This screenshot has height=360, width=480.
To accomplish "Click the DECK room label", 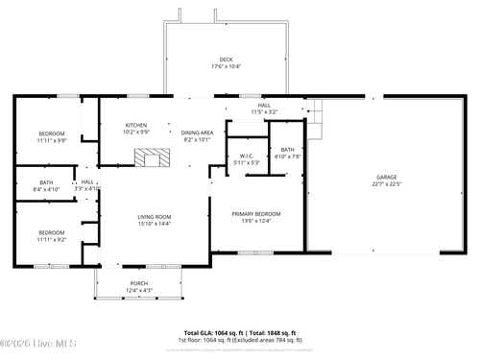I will (x=226, y=60).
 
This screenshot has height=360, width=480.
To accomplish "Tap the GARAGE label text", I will (x=386, y=177).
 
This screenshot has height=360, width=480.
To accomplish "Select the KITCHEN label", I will (x=138, y=126).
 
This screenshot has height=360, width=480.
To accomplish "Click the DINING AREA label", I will (x=197, y=132).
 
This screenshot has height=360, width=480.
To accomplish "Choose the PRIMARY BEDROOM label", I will (x=255, y=214).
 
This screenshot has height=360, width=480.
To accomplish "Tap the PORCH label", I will (x=139, y=284).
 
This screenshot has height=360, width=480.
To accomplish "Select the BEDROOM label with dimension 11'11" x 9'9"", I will (x=52, y=133).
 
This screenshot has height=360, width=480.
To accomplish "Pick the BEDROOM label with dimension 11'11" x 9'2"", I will (x=52, y=232).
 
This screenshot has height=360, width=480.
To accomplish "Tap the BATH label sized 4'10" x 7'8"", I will (x=288, y=150).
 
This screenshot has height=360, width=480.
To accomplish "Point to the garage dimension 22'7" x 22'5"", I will (x=386, y=183).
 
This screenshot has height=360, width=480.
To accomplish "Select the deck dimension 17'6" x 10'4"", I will (x=226, y=66).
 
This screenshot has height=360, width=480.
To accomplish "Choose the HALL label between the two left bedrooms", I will (x=87, y=182).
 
